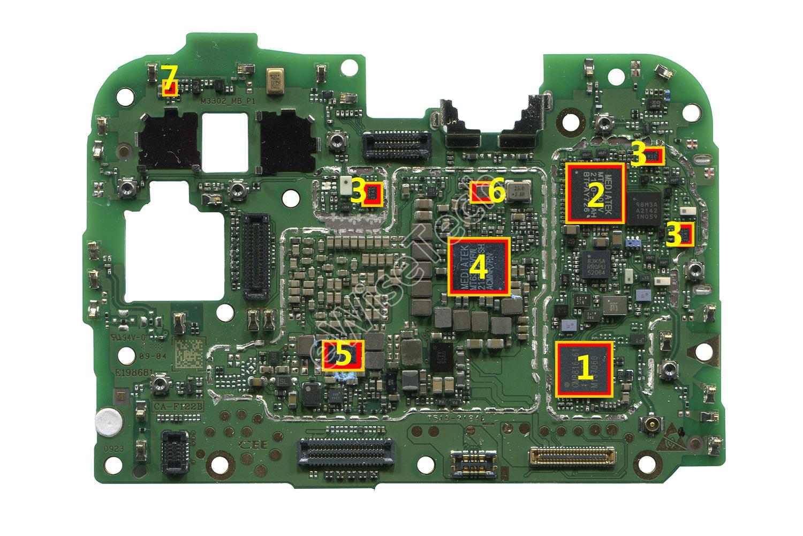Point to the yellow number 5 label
point(343,354)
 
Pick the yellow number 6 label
point(496,192)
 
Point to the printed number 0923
point(113,450)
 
